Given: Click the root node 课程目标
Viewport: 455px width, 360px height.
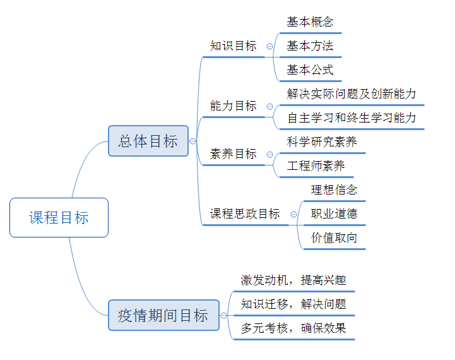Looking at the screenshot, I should (x=59, y=218).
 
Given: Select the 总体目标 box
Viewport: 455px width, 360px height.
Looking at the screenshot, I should (x=148, y=141).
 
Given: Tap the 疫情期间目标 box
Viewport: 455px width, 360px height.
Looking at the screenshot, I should (x=163, y=315).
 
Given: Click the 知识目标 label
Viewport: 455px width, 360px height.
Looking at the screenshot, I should (x=233, y=46).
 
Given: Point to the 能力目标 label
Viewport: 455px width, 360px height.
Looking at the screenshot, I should (x=233, y=106).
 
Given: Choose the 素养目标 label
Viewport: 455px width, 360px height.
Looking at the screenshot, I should (x=233, y=154).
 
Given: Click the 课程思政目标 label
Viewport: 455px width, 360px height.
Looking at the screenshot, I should (x=245, y=214).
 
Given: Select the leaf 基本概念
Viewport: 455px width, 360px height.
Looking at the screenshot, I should (x=310, y=22).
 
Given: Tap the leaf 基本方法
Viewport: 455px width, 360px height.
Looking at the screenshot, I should (x=310, y=46).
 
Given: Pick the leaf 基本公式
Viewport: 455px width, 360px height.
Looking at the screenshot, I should (x=310, y=70).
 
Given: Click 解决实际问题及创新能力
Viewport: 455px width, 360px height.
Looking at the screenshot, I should (x=352, y=94).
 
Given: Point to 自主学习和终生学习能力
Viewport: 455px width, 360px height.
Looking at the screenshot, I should (x=352, y=118).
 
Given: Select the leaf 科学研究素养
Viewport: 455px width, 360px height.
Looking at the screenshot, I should (x=322, y=142).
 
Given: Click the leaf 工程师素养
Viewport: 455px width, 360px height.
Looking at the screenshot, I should (x=316, y=166).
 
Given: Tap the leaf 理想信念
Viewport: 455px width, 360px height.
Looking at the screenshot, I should (x=334, y=190).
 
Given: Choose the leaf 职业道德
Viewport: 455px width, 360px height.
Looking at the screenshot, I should (x=334, y=214).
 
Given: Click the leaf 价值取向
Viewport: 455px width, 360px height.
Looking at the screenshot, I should (x=334, y=238).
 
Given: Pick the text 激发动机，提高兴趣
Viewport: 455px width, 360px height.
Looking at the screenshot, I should (x=293, y=280).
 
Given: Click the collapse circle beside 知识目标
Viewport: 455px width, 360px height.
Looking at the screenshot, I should (x=270, y=46).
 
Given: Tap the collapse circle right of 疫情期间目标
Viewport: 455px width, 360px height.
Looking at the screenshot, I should (x=223, y=316).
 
